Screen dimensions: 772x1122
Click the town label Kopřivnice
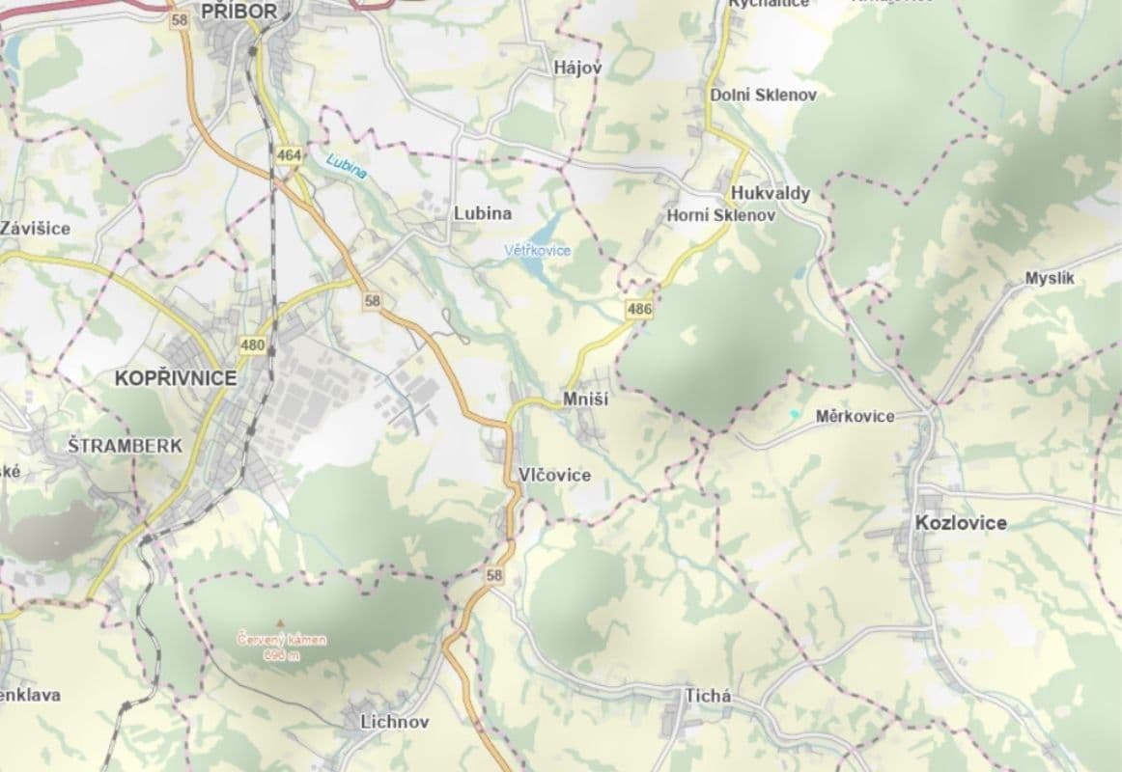(x=175, y=378)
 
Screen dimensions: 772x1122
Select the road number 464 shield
(x=288, y=154)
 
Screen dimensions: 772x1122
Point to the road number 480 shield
(x=253, y=345)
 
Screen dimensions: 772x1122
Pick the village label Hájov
(x=577, y=68)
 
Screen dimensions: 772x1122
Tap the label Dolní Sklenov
(x=763, y=95)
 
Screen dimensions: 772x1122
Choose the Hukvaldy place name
(x=771, y=193)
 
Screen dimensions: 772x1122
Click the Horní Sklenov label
(x=720, y=216)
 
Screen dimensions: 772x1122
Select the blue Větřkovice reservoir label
(x=537, y=251)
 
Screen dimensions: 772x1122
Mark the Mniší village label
(x=585, y=400)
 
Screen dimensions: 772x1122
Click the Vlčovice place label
(x=554, y=475)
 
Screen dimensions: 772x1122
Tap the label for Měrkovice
(x=855, y=417)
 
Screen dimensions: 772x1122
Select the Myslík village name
(x=1050, y=279)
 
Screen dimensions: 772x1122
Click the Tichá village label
(x=708, y=697)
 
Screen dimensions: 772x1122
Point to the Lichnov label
(x=394, y=722)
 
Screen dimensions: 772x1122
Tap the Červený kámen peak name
(x=283, y=639)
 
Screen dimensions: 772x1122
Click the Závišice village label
(x=36, y=229)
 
